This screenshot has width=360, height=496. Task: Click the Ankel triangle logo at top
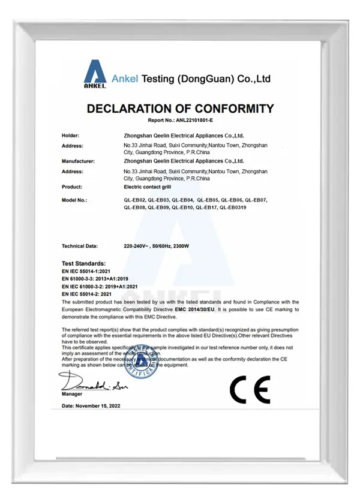(x=95, y=75)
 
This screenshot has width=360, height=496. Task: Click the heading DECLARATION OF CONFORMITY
(x=180, y=109)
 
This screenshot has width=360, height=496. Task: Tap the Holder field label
(x=70, y=136)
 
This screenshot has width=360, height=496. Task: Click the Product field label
(x=72, y=187)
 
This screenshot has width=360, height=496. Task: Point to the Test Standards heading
(x=83, y=263)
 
